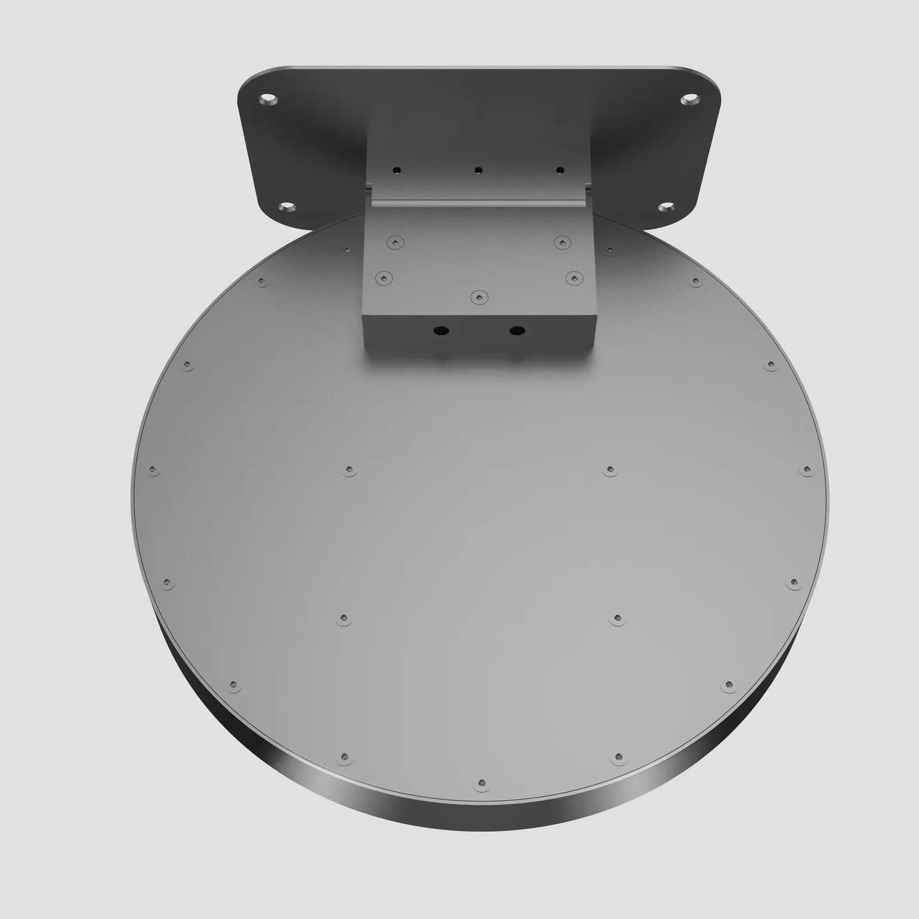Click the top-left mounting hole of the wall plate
pyautogui.click(x=267, y=100)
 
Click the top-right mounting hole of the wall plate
pyautogui.click(x=689, y=100)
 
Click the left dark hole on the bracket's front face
pyautogui.click(x=441, y=330)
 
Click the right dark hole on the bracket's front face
pyautogui.click(x=517, y=330)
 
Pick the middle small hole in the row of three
pyautogui.click(x=478, y=170)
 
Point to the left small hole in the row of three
pyautogui.click(x=396, y=169)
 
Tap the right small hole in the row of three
pyautogui.click(x=561, y=169)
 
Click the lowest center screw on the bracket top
pyautogui.click(x=478, y=296)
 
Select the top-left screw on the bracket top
pyautogui.click(x=395, y=242)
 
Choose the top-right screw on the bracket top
pyautogui.click(x=561, y=242)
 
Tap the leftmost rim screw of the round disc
pyautogui.click(x=152, y=470)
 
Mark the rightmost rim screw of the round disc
pyautogui.click(x=807, y=470)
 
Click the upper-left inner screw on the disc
pyautogui.click(x=349, y=470)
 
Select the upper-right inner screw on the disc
pyautogui.click(x=610, y=470)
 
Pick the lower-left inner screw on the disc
pyautogui.click(x=344, y=619)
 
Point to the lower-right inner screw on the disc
pyautogui.click(x=617, y=619)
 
